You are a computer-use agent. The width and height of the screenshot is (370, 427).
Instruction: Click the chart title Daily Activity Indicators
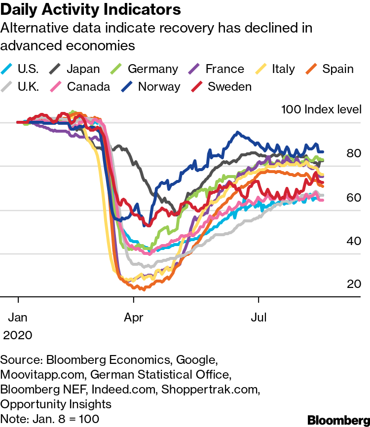point(90,10)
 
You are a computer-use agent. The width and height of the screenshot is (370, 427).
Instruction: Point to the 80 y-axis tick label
point(354,154)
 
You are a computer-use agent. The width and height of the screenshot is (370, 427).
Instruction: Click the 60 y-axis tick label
point(354,198)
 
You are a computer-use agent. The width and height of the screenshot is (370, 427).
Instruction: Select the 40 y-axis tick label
point(354,241)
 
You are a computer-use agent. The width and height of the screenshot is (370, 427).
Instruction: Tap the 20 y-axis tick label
point(354,284)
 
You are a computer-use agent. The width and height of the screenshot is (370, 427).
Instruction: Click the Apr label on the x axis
point(134,317)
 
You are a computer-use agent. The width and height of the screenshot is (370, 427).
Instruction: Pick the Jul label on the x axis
point(259,317)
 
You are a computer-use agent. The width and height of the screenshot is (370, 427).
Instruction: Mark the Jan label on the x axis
point(18,317)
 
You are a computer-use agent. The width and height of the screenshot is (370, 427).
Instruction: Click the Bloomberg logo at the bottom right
point(338,420)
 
